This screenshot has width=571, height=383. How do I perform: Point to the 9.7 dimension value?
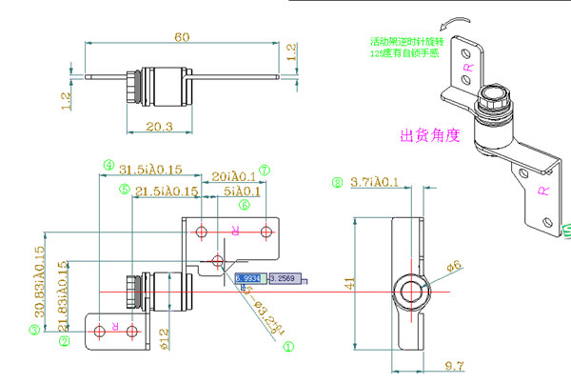click(x=453, y=365)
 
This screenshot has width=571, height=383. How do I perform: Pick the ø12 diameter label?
click(x=165, y=336)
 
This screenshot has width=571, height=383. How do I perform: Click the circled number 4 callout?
click(x=108, y=165)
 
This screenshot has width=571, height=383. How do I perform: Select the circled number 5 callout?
click(x=125, y=191)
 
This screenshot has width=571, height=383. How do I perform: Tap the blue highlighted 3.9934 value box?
click(x=251, y=278)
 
